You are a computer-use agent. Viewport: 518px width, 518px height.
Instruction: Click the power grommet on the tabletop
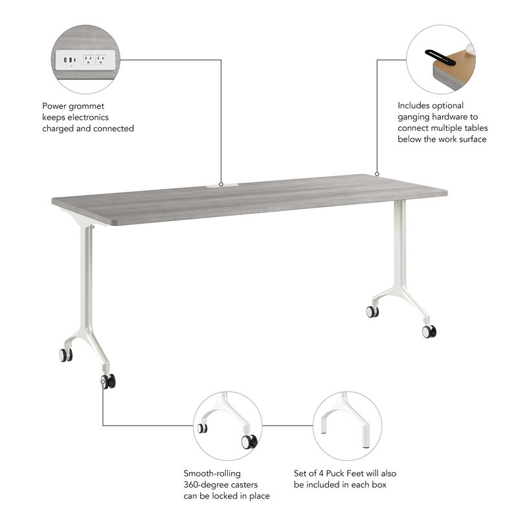[x=221, y=186]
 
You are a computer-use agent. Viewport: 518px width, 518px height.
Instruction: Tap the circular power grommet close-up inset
[x=87, y=60]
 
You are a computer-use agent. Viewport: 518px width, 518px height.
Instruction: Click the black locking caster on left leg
[x=107, y=381]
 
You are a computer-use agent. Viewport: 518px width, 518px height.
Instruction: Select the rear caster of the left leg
[x=65, y=355]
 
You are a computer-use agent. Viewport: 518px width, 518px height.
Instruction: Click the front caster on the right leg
[x=429, y=332]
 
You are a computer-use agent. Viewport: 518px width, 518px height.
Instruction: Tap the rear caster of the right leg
[x=372, y=311]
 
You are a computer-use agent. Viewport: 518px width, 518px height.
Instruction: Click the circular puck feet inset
[x=348, y=425]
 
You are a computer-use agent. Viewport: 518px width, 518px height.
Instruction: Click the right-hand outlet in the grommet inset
[x=100, y=59]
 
